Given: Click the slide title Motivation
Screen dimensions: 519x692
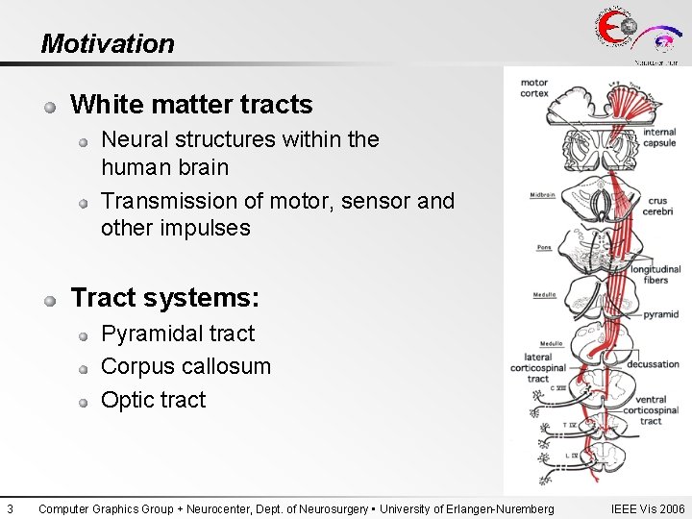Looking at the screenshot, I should pyautogui.click(x=108, y=43).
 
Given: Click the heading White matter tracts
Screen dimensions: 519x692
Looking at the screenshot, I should pyautogui.click(x=191, y=104).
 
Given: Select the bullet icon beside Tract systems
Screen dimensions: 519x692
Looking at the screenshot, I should pyautogui.click(x=49, y=300).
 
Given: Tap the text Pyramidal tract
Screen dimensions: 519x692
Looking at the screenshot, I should pyautogui.click(x=178, y=334).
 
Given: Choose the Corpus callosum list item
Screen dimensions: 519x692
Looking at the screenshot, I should pyautogui.click(x=185, y=366).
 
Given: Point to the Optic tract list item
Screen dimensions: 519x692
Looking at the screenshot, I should pyautogui.click(x=153, y=399).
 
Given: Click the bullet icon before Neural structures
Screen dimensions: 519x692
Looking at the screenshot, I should pyautogui.click(x=85, y=141).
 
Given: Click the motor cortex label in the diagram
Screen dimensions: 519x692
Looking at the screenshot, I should pyautogui.click(x=533, y=87).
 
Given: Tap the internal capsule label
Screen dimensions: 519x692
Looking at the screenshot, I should pyautogui.click(x=659, y=137).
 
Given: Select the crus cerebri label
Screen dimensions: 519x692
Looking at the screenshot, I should pyautogui.click(x=658, y=206).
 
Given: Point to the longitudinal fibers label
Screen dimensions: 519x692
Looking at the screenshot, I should pyautogui.click(x=655, y=274).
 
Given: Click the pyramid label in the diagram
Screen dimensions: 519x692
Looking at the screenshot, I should pyautogui.click(x=660, y=314).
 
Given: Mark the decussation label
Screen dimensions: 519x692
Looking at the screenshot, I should pyautogui.click(x=653, y=364).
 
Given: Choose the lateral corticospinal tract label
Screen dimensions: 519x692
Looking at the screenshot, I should pyautogui.click(x=537, y=367).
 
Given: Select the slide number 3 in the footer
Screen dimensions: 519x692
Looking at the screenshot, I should pyautogui.click(x=9, y=508).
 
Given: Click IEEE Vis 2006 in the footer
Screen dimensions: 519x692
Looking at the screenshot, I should pyautogui.click(x=647, y=508).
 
